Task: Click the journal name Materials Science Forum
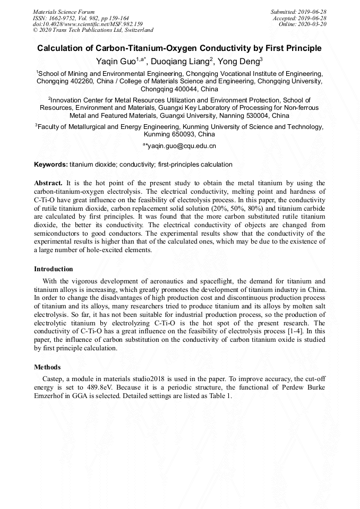tap(64, 12)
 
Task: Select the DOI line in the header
tap(88, 24)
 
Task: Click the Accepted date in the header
tap(299, 18)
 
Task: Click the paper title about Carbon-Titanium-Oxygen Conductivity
tap(179, 48)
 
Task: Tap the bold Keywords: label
tap(51, 165)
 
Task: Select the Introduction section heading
tap(54, 269)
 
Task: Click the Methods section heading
tap(47, 367)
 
